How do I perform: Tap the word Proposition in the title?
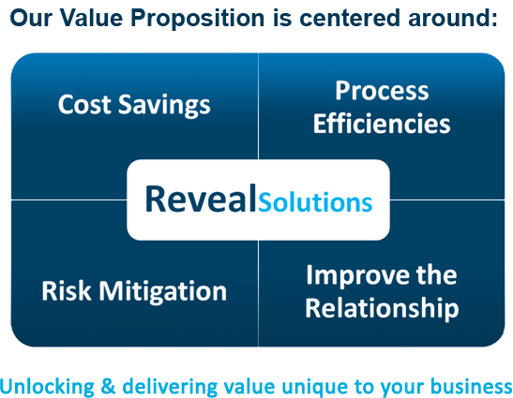coord(198,19)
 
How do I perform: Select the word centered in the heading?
coord(350,18)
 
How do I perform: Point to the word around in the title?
coord(453,18)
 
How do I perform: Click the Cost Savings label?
coord(134,105)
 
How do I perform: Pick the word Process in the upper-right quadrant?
coord(382,91)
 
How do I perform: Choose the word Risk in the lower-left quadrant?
coord(66,290)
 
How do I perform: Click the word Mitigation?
coord(163,292)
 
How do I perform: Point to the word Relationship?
coord(382,308)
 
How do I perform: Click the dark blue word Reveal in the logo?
coord(201,199)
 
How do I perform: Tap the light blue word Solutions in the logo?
coord(315,202)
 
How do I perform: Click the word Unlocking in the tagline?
coord(47,387)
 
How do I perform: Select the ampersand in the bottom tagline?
coord(108,386)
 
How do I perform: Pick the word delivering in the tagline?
coord(170,387)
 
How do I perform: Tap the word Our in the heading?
coord(31,18)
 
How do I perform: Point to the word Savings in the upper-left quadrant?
coord(164,106)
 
